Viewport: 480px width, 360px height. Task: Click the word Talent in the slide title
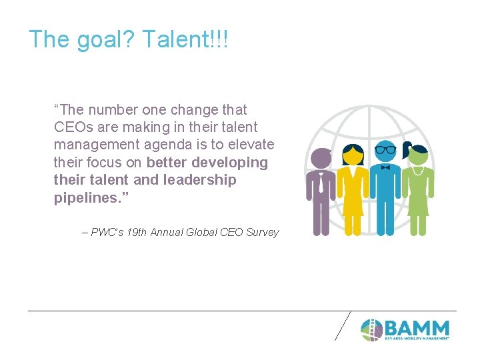point(175,40)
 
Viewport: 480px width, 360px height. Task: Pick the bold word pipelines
point(85,198)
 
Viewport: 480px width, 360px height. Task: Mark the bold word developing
point(229,163)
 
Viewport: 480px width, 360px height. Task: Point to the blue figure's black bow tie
point(385,168)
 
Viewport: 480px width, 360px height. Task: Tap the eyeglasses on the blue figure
point(385,149)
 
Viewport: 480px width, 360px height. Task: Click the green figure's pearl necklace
point(418,171)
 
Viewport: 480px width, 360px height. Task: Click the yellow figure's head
point(353,155)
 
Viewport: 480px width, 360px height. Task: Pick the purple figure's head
point(321,158)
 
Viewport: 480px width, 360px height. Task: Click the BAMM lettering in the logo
point(417,328)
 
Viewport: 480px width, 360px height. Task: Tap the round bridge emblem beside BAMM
point(371,329)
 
